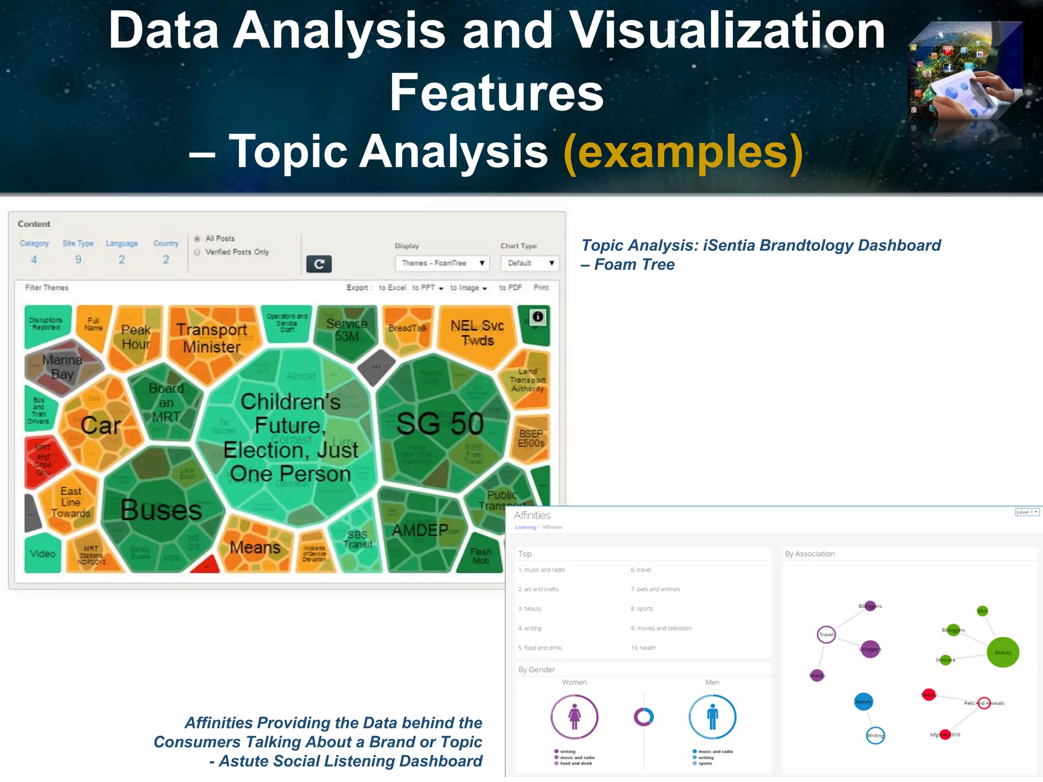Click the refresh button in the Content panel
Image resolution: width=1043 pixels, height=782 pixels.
(x=319, y=264)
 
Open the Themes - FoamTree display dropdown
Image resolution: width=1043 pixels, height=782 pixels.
(x=442, y=263)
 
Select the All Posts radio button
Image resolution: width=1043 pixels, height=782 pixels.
(x=197, y=238)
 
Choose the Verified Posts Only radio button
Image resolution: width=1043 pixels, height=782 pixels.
(x=197, y=252)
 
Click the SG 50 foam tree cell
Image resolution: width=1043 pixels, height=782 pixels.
(x=440, y=424)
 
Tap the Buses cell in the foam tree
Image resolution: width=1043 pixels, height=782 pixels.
(x=161, y=510)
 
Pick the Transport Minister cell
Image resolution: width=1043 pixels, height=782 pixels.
(x=212, y=338)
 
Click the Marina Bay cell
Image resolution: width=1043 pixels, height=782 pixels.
(x=62, y=367)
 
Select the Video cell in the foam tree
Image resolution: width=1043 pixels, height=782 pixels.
(x=42, y=553)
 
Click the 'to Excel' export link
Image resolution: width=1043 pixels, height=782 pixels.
(x=393, y=288)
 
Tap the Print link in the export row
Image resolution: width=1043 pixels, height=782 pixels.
(x=541, y=288)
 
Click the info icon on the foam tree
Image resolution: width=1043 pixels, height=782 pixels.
(x=538, y=317)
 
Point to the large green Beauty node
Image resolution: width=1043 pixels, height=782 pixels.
(x=1003, y=652)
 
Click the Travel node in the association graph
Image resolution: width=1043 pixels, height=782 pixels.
(x=826, y=634)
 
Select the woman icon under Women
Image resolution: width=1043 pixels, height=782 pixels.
(x=574, y=716)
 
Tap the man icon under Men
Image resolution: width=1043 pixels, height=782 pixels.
(x=712, y=716)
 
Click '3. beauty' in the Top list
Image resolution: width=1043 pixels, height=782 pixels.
(x=530, y=609)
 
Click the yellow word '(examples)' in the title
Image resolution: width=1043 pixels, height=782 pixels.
(x=683, y=151)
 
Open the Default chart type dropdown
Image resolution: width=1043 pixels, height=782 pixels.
(x=530, y=263)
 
